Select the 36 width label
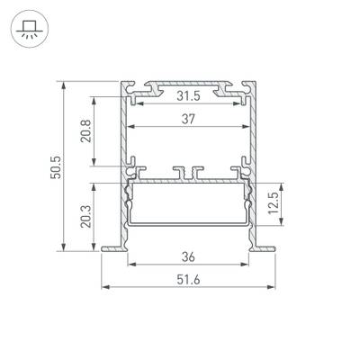tap(188, 254)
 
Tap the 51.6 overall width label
tap(188, 277)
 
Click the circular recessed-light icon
tap(27, 27)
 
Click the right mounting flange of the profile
tap(265, 247)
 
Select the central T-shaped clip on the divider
tap(188, 170)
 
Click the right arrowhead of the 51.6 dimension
tap(272, 287)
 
